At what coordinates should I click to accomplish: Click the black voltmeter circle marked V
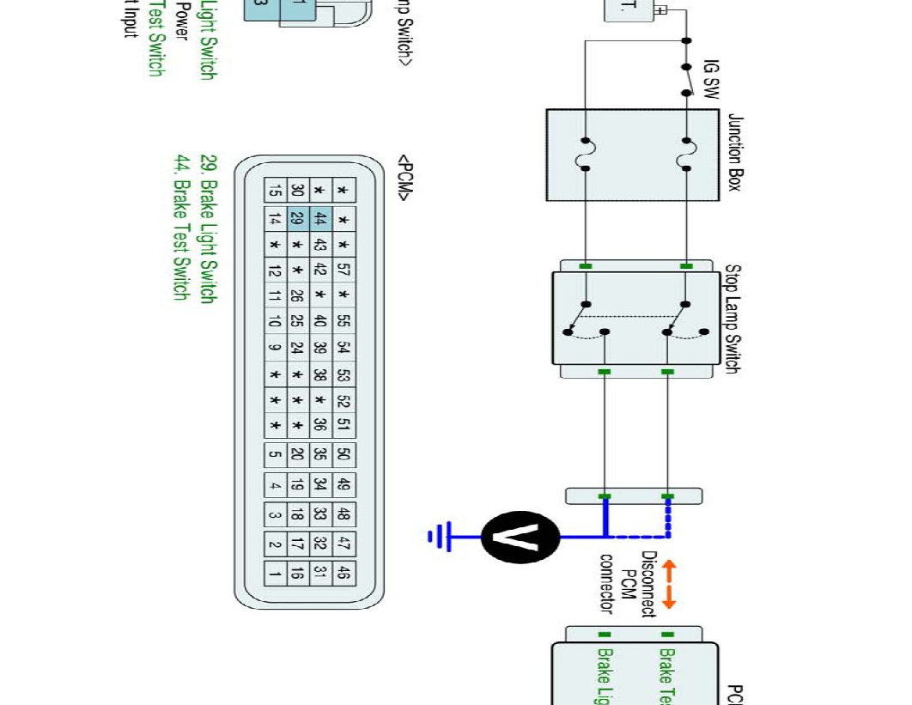point(520,538)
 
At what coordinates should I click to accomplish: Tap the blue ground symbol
point(440,538)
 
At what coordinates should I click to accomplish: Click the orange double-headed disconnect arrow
point(668,585)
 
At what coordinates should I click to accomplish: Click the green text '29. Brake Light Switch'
point(207,228)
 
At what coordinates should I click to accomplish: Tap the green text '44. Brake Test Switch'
point(181,227)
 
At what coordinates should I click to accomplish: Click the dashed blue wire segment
point(668,524)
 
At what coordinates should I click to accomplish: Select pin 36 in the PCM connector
point(320,424)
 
